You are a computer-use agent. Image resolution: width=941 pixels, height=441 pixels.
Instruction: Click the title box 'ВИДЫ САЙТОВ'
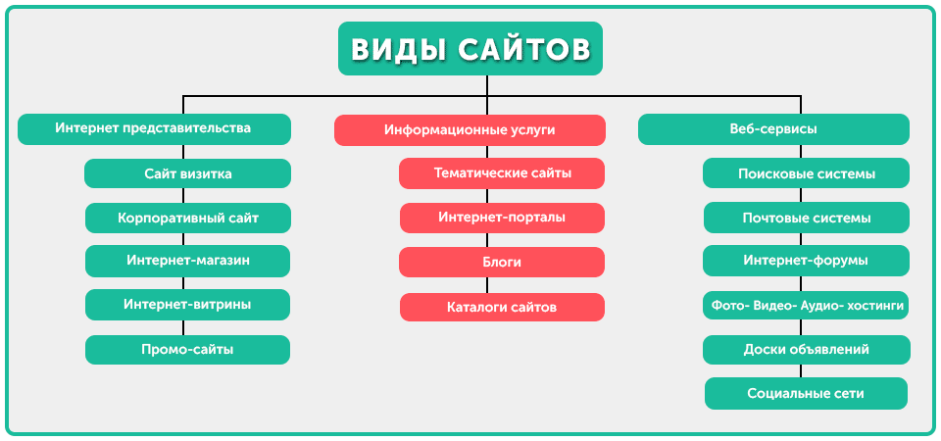coord(470,49)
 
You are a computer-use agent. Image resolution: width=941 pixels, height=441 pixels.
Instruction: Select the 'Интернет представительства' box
coord(154,128)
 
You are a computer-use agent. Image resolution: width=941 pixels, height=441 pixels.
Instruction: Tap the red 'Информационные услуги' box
coord(470,129)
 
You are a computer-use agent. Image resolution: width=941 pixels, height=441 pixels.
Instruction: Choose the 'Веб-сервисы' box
coord(773,129)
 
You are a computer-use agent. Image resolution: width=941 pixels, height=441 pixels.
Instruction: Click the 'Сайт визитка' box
coord(187,173)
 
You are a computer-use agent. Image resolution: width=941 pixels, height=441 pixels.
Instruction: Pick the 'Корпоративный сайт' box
coord(187,218)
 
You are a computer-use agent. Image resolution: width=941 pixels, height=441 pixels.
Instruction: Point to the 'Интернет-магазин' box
coord(187,261)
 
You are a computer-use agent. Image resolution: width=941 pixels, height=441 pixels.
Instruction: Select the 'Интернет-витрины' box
coord(187,305)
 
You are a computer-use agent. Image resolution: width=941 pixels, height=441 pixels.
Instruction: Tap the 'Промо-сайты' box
coord(187,350)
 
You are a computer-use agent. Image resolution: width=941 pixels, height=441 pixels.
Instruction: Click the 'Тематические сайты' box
coord(502,173)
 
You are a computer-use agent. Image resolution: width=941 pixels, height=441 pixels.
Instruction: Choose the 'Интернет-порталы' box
coord(502,218)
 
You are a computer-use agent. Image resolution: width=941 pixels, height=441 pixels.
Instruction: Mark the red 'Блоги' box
coord(502,263)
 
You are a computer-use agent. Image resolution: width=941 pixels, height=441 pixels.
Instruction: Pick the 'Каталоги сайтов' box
coord(502,307)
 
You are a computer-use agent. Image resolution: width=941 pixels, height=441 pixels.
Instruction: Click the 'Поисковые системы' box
coord(806,173)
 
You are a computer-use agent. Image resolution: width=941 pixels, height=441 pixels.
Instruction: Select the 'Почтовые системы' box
coord(806,218)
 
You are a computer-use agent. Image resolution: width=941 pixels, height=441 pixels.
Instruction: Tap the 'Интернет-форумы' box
coord(806,261)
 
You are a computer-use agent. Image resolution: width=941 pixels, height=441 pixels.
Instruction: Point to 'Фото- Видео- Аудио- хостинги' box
coord(806,306)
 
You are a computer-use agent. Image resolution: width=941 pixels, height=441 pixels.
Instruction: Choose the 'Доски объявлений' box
coord(806,350)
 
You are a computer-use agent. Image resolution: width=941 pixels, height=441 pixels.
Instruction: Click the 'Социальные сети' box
coord(806,394)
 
